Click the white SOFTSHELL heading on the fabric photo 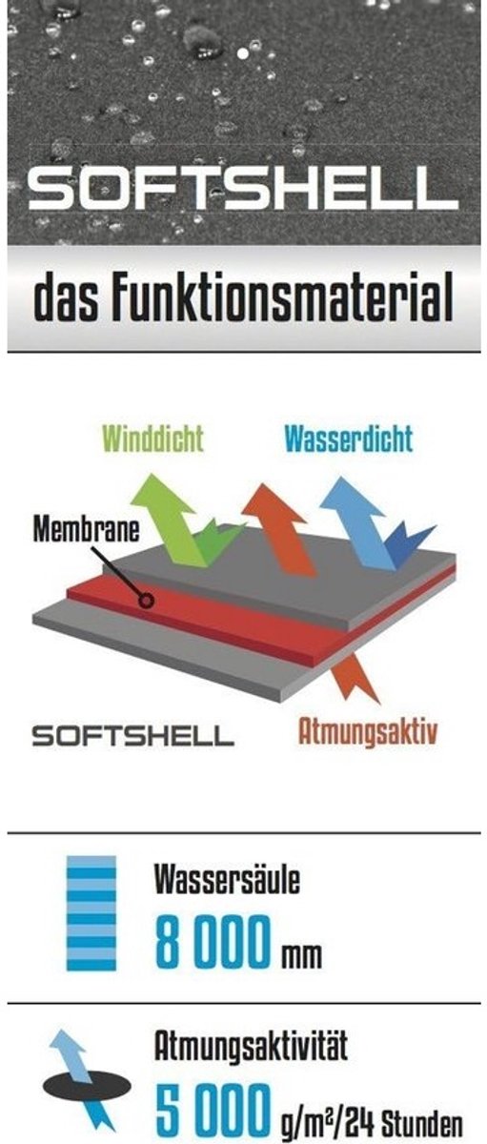(243, 189)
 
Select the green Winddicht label (152, 439)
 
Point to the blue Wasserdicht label (348, 439)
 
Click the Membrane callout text (87, 529)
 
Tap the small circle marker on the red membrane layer (147, 600)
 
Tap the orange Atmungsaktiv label (368, 732)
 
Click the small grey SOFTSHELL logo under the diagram (132, 736)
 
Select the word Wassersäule (227, 879)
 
